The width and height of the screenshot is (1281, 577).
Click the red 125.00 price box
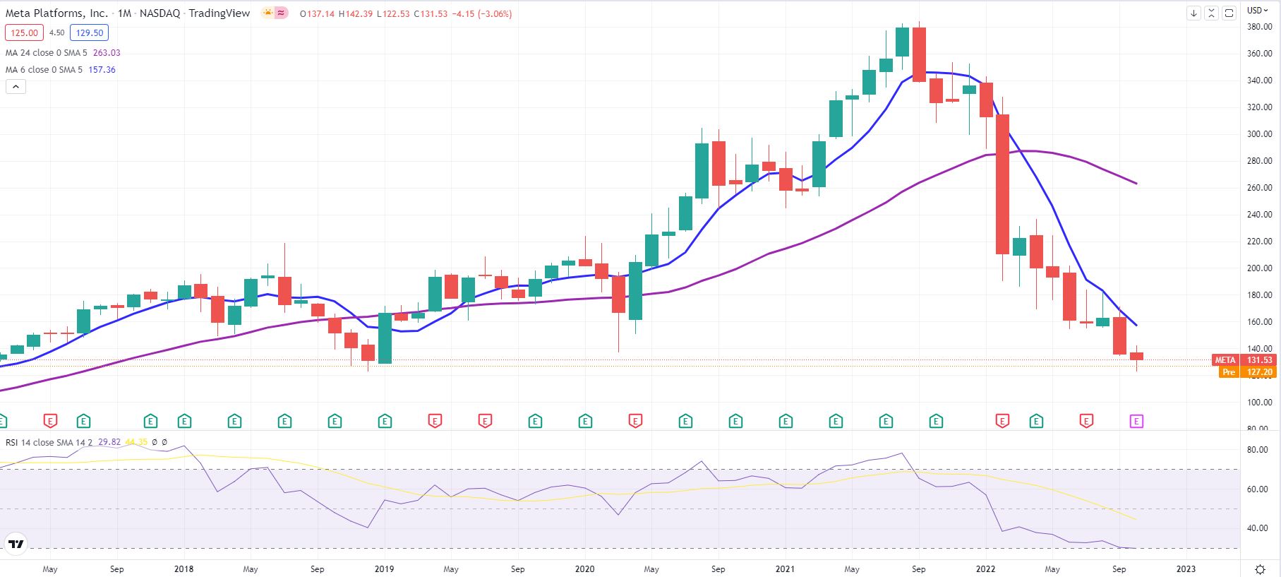point(24,32)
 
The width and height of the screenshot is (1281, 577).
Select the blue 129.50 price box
point(89,32)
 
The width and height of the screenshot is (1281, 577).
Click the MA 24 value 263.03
point(106,53)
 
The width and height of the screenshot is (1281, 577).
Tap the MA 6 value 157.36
point(102,70)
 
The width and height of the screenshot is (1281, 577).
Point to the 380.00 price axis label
point(1259,27)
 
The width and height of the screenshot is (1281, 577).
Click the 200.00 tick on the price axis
point(1259,268)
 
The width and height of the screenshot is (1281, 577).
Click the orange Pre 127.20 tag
point(1247,372)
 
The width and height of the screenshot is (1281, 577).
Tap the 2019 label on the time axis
point(384,569)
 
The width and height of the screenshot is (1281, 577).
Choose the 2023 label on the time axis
point(1186,569)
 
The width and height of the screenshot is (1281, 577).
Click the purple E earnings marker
point(1136,422)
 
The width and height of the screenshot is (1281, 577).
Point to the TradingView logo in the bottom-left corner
point(16,544)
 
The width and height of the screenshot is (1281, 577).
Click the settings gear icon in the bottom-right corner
point(1261,569)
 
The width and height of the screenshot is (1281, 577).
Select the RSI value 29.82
point(109,442)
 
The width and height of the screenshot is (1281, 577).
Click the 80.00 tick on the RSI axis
point(1258,449)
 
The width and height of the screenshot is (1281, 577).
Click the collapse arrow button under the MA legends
point(16,87)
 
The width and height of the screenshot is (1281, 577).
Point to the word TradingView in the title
point(219,13)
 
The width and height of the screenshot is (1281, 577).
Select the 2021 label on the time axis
point(785,569)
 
